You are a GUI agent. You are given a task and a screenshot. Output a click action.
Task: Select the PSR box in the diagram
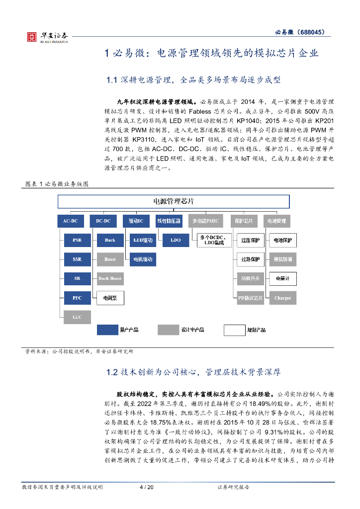click(x=77, y=240)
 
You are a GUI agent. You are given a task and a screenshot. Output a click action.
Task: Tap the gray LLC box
click(x=77, y=317)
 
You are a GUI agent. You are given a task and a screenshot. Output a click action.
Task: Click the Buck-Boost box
click(x=110, y=278)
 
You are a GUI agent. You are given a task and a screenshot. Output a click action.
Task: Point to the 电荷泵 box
click(x=110, y=298)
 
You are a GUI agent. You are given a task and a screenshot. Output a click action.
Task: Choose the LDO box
click(x=176, y=240)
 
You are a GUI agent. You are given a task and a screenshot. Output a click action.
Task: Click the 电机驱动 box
click(x=143, y=259)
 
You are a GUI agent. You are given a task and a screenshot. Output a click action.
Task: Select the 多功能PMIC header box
click(x=209, y=220)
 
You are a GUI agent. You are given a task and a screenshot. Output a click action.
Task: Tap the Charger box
click(x=282, y=298)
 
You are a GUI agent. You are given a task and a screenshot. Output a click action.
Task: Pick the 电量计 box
click(x=282, y=278)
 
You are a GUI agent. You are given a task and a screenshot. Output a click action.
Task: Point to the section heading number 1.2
click(x=112, y=372)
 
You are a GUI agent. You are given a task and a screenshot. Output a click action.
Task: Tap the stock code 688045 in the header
click(x=312, y=32)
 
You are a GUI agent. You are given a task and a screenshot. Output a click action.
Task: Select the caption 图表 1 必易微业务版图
click(x=57, y=184)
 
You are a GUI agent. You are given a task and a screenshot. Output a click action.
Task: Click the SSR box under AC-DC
click(x=77, y=259)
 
